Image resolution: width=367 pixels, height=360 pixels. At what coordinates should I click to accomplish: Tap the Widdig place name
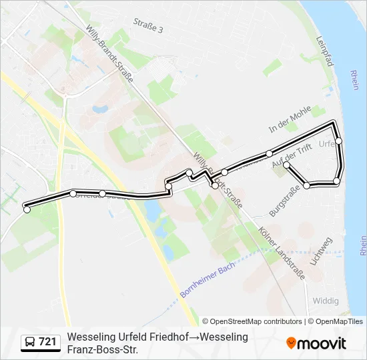(326, 301)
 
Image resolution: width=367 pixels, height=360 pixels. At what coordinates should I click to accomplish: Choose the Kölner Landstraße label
(281, 251)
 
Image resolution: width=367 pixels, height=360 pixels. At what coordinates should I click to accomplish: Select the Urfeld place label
(329, 143)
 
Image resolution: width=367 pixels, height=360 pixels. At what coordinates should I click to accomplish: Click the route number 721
(47, 342)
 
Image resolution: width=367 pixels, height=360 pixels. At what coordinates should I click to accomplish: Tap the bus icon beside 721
(30, 343)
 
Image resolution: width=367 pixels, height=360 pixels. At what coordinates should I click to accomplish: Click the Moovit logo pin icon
(291, 343)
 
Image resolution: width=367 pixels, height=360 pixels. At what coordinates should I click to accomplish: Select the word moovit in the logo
(322, 343)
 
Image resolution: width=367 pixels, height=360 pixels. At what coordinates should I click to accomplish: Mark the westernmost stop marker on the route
(27, 210)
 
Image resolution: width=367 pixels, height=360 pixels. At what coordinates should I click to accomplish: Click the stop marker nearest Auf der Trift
(286, 165)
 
